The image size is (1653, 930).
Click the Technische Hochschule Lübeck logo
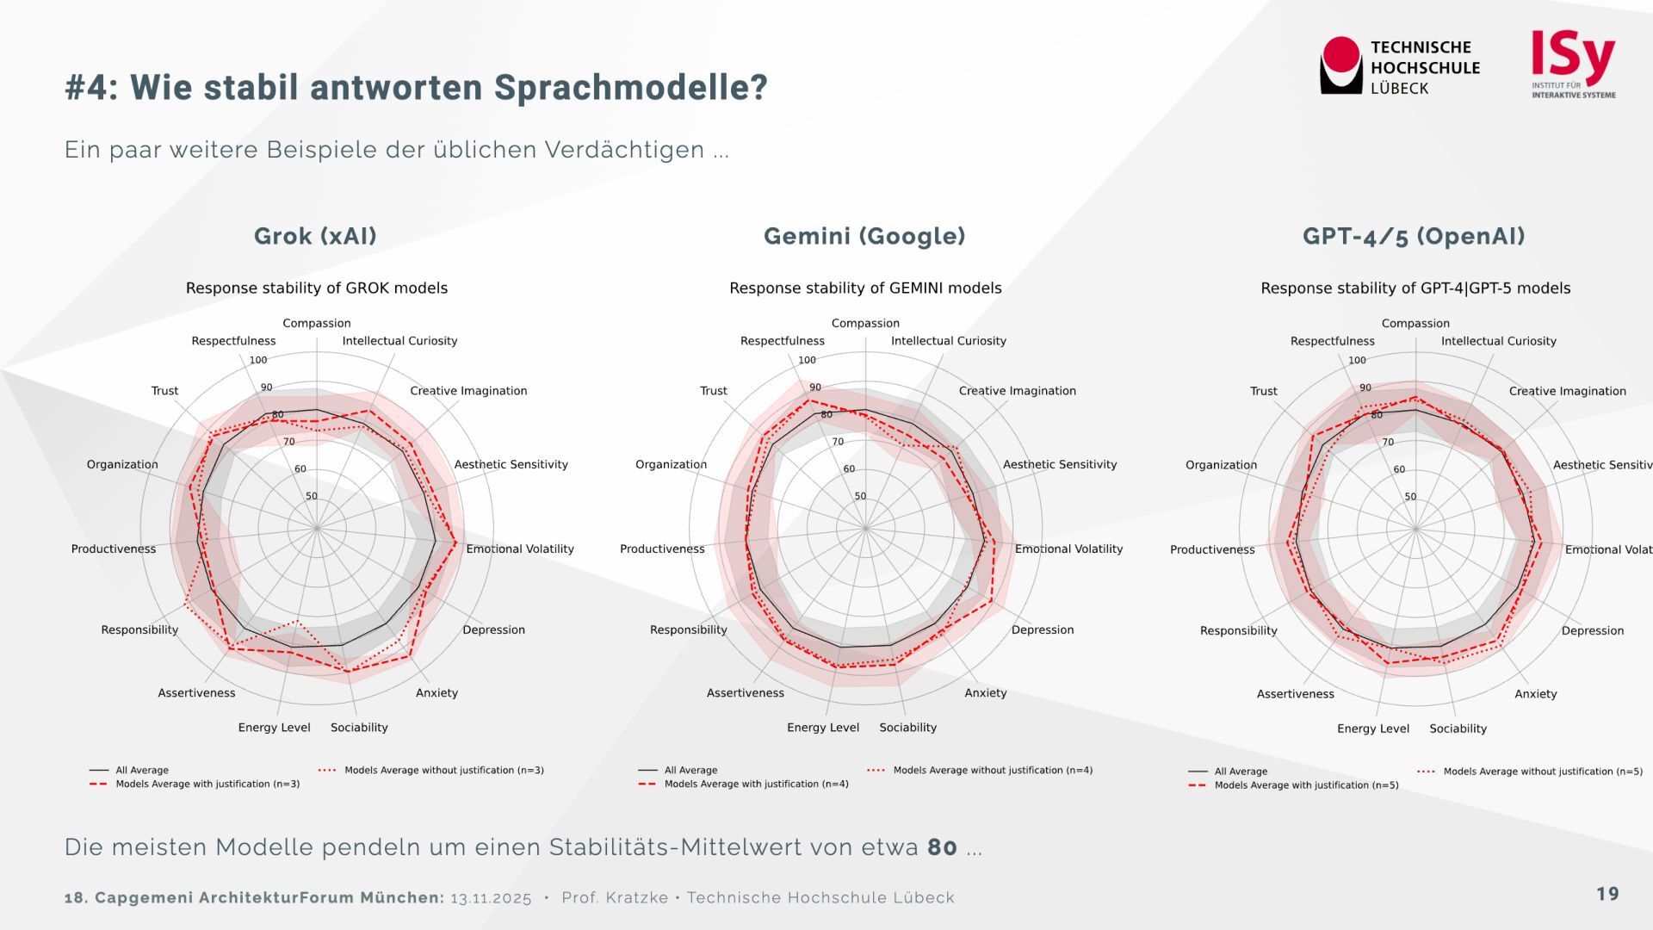coord(1399,66)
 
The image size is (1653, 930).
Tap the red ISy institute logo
coord(1573,65)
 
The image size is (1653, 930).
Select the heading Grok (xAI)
coord(315,236)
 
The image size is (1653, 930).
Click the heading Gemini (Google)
coord(864,236)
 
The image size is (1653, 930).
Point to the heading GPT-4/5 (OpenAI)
coord(1414,236)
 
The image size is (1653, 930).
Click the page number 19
coord(1607,894)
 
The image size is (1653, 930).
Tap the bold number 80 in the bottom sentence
coord(942,847)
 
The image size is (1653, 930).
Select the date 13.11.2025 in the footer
coord(491,898)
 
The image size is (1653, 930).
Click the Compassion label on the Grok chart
coord(317,323)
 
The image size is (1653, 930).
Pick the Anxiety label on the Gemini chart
coord(985,692)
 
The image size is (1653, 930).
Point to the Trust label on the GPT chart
coord(1263,391)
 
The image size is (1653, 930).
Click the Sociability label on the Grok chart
coord(359,728)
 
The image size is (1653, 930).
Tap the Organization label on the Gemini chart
coord(671,464)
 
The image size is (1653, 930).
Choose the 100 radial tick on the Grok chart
coord(258,360)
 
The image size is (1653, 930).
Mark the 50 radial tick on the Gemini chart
coord(860,496)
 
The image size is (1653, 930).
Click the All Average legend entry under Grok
coord(142,770)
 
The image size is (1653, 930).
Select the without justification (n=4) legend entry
coord(992,770)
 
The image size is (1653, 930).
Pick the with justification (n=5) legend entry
coord(1305,785)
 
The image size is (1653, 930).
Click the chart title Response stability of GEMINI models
coord(865,288)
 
